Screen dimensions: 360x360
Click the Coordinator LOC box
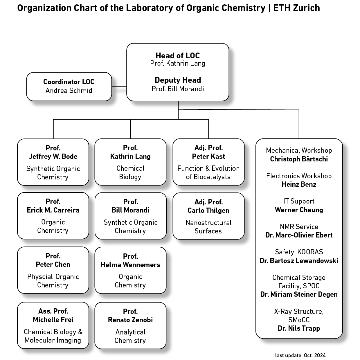pos(69,87)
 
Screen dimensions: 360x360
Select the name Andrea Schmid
pos(69,91)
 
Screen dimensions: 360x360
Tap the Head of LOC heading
pos(178,55)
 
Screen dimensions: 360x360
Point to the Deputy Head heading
pos(178,80)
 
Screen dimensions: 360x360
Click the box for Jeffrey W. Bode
pos(53,162)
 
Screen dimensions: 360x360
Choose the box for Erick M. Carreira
pos(53,216)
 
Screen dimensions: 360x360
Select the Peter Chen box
pos(53,270)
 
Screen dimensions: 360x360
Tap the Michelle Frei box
pos(53,325)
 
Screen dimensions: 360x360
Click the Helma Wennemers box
pos(130,270)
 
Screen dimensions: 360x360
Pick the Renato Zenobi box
pos(130,326)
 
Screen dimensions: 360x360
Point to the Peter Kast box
pos(208,162)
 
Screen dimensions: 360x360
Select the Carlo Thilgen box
pos(208,216)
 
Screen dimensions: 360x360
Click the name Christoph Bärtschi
pos(299,159)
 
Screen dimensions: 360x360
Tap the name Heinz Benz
pos(299,184)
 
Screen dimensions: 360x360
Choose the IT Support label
pos(299,201)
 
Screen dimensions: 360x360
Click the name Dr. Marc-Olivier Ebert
pos(299,235)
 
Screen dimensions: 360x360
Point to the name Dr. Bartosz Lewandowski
pos(299,261)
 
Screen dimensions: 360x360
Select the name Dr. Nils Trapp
pos(299,328)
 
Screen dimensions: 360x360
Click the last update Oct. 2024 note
pos(300,355)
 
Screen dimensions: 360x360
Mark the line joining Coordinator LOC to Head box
pos(119,87)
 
